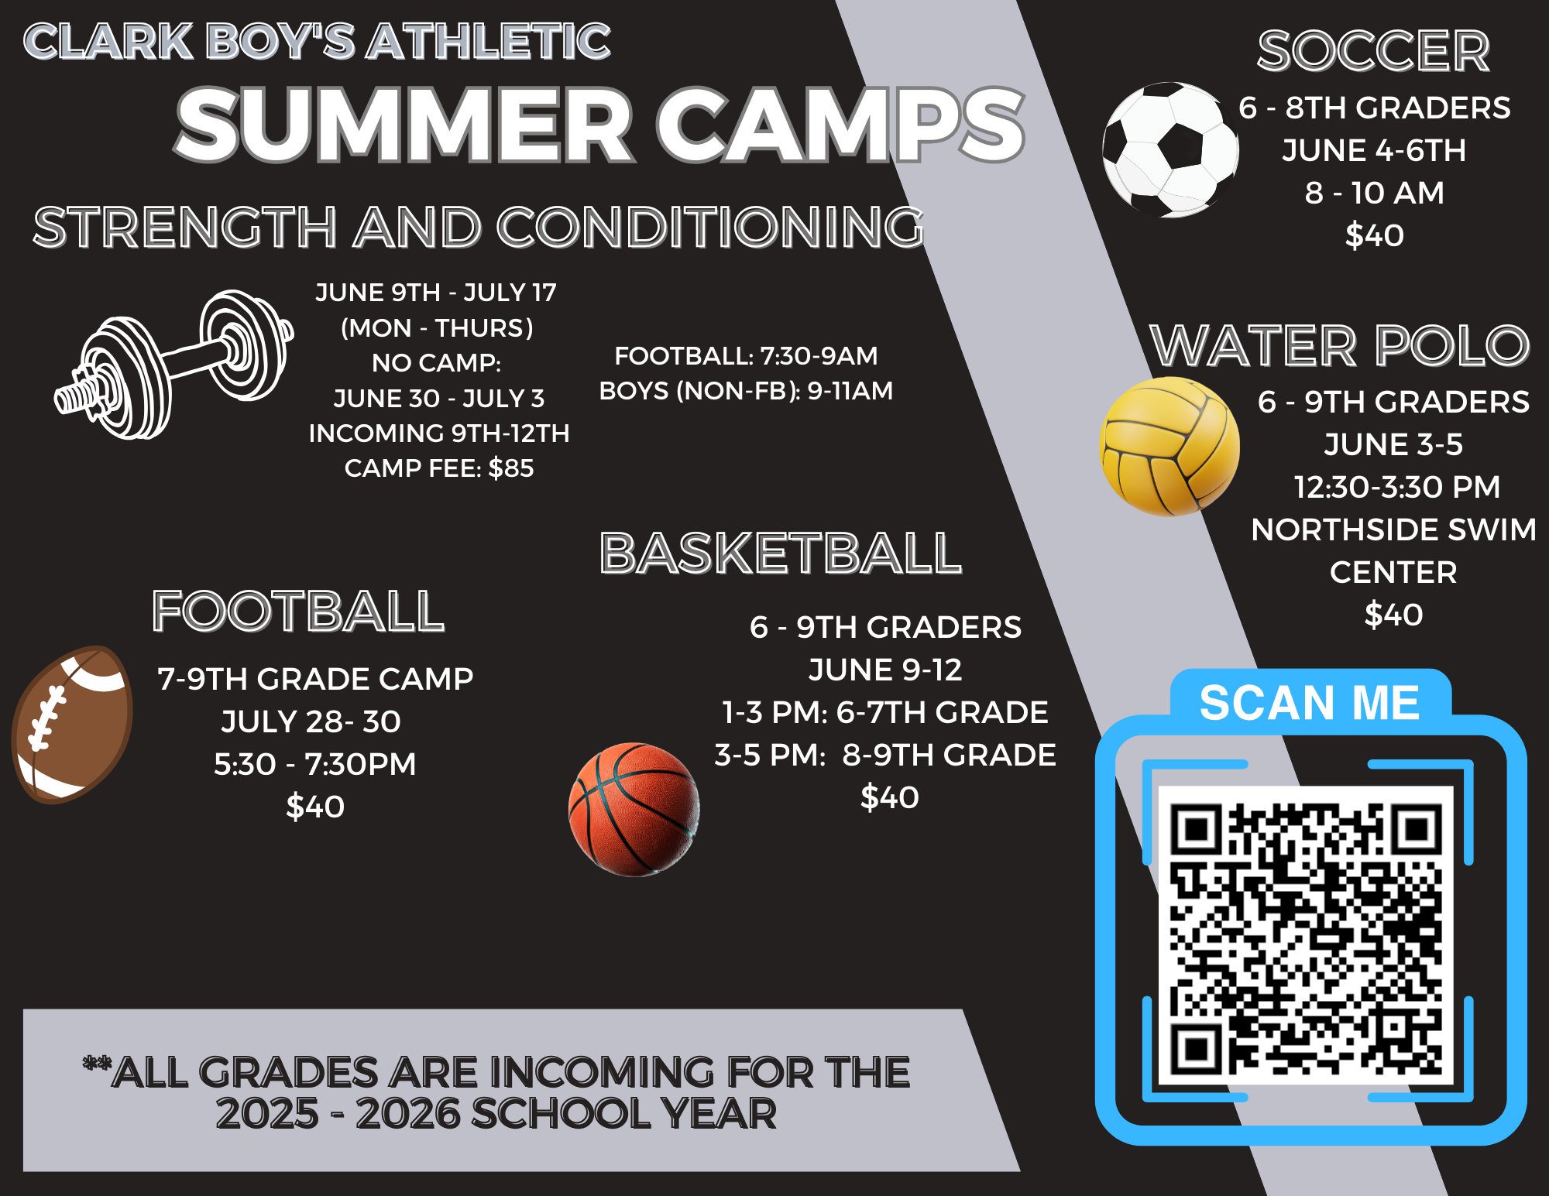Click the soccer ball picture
[1170, 149]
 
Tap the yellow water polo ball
[1169, 447]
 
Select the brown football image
[73, 725]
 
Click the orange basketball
[634, 810]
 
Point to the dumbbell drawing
[173, 364]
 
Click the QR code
[1307, 936]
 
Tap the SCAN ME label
[1310, 703]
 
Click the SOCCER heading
[1373, 51]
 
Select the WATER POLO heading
[1340, 345]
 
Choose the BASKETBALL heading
[781, 553]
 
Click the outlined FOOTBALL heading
[298, 612]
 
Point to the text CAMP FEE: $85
[439, 468]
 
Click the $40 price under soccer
[1374, 235]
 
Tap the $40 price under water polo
[1393, 615]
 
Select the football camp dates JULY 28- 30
[311, 721]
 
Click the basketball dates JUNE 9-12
[885, 670]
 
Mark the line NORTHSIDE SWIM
[1393, 529]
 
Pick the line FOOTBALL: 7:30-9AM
[746, 356]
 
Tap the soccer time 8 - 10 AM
[1374, 193]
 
